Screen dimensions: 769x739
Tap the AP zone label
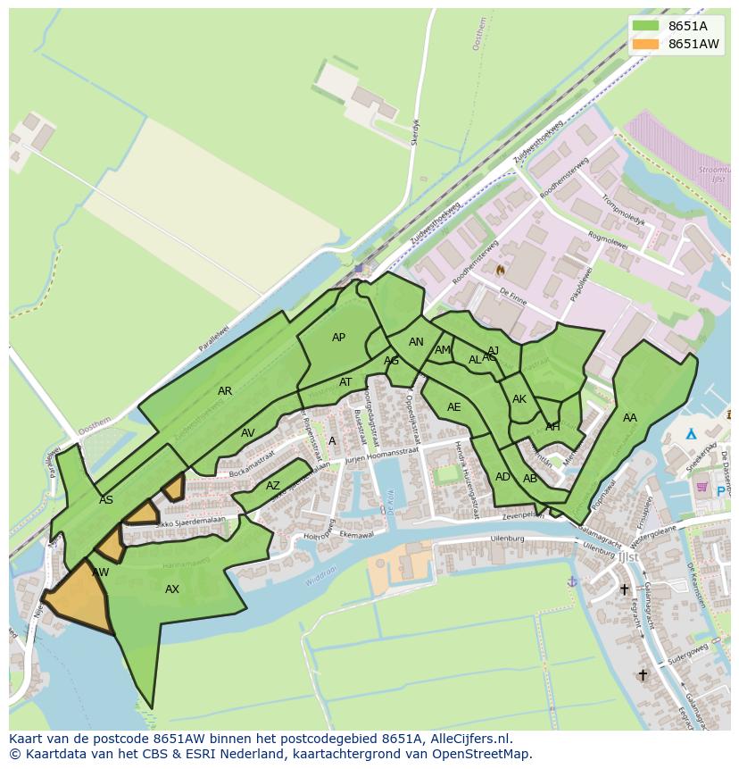[338, 338]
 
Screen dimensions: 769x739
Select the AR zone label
[225, 391]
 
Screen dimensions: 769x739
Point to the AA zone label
[630, 418]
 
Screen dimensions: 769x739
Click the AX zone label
[172, 589]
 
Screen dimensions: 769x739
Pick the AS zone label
[106, 500]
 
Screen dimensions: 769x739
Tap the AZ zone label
[273, 486]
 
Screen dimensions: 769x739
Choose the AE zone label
[454, 407]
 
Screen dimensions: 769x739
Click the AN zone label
[416, 342]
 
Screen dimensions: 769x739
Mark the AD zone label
[502, 477]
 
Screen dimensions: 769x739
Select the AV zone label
[248, 433]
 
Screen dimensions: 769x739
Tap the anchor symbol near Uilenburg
[572, 581]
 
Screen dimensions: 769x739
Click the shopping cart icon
[702, 487]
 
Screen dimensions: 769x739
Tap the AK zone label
[519, 399]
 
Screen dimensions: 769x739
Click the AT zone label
[345, 382]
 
